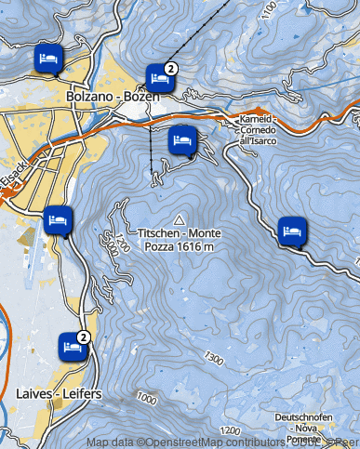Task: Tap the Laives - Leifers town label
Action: tap(59, 393)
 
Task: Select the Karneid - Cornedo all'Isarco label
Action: tap(259, 130)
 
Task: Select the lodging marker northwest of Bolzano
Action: tap(47, 59)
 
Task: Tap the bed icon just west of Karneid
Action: tap(182, 141)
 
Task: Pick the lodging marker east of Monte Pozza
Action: tap(292, 228)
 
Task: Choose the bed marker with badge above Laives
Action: tap(71, 346)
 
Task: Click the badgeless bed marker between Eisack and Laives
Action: tap(58, 219)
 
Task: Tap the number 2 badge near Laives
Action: tap(84, 337)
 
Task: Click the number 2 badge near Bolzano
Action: tap(171, 69)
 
